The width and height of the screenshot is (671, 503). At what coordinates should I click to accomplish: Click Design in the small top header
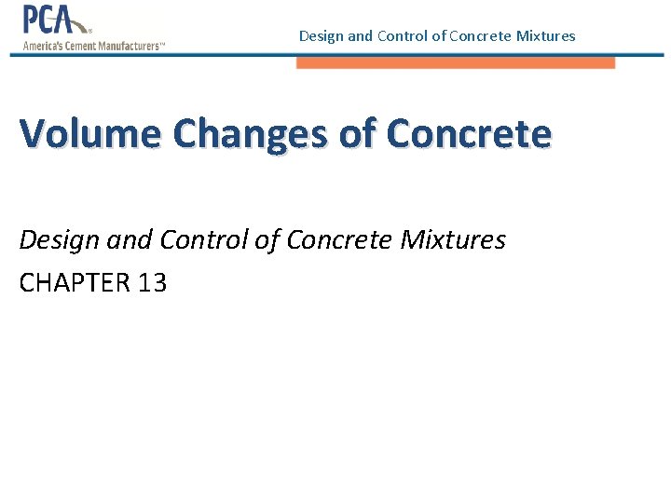[x=321, y=36]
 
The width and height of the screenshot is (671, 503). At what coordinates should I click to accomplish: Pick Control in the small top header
[x=399, y=36]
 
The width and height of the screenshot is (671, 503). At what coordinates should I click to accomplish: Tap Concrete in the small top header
[x=478, y=36]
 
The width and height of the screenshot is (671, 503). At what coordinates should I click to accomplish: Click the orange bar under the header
[x=456, y=63]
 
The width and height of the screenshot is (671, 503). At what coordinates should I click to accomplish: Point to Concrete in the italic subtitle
[x=339, y=240]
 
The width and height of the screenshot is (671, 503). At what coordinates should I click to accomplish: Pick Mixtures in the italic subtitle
[x=453, y=240]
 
